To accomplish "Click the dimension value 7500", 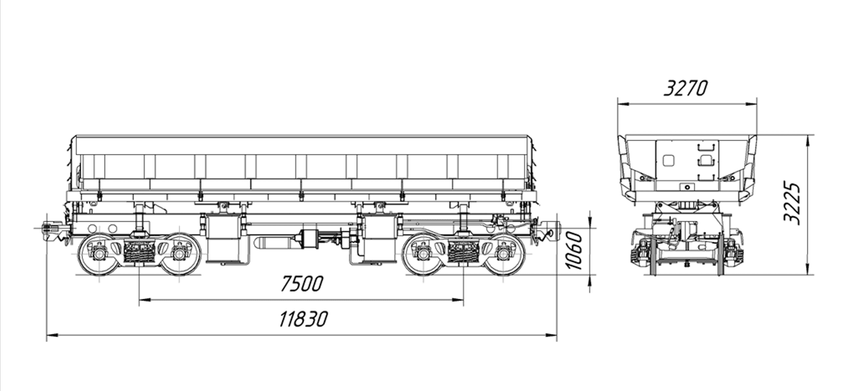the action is point(301,283).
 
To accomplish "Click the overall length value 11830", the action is point(303,319).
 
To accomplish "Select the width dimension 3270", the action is point(686,88).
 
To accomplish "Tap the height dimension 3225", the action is point(792,204).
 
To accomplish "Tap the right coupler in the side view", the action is point(548,229).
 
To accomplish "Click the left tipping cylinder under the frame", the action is point(222,239).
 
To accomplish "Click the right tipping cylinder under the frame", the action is point(380,239).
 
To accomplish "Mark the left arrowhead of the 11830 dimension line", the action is point(51,334).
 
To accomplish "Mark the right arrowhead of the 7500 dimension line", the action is point(458,299).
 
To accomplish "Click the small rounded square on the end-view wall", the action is point(668,160).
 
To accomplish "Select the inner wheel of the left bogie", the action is point(179,254).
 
